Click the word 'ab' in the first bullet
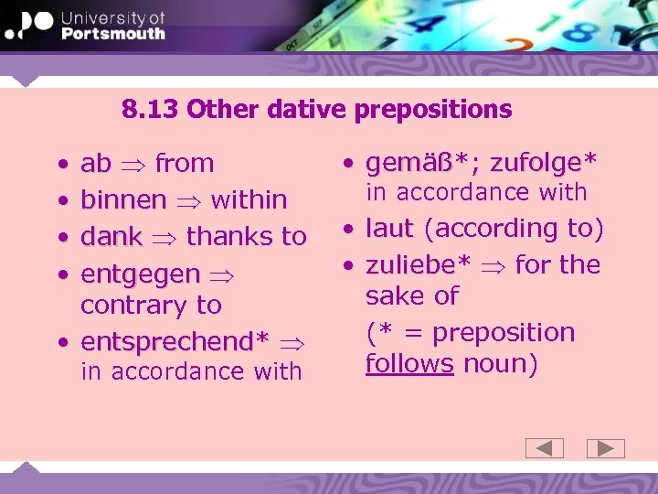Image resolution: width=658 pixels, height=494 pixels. (96, 164)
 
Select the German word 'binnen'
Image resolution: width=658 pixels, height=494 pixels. (123, 199)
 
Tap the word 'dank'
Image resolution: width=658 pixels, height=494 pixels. (111, 236)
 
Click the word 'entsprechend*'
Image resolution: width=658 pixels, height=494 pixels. (175, 341)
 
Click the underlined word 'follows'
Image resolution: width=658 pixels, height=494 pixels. (409, 364)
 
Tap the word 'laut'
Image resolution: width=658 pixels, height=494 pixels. (390, 229)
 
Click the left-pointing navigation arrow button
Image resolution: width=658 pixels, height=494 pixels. (545, 448)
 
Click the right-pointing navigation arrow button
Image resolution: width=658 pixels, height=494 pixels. (605, 448)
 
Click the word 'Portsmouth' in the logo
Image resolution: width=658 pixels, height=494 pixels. (112, 33)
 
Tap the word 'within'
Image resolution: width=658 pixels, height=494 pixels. (249, 199)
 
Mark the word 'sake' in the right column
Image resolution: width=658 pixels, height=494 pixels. (392, 296)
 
